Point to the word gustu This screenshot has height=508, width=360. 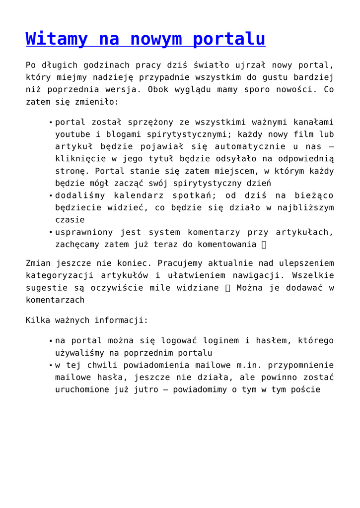[270, 77]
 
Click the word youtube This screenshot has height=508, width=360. [72, 134]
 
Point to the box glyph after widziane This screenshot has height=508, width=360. [228, 288]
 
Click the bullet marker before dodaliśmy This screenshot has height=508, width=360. [51, 196]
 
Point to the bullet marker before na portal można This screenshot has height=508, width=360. [51, 341]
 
